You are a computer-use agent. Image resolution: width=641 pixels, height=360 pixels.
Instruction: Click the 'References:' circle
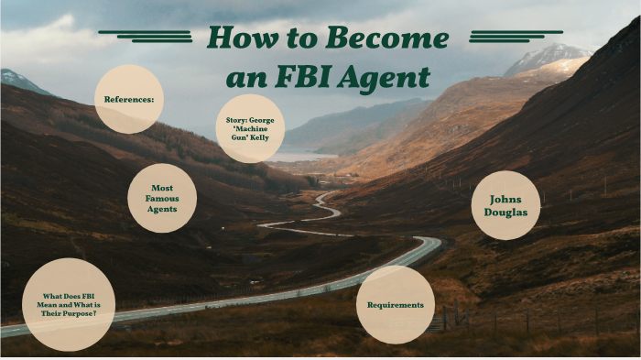point(129,99)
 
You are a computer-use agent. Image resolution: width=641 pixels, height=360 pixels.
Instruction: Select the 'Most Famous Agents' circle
point(162,198)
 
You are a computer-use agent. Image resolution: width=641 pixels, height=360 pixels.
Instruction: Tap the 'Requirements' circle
point(396,304)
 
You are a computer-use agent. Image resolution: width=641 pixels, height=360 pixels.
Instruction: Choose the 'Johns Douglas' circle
point(505,205)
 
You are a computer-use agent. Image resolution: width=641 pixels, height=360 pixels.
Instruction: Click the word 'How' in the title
point(241,39)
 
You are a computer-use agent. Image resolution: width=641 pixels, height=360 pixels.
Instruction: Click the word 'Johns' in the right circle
point(505,197)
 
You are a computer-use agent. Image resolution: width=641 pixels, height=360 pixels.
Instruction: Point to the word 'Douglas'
point(505,213)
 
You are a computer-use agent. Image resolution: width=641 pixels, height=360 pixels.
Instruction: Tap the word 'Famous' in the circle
point(162,198)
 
